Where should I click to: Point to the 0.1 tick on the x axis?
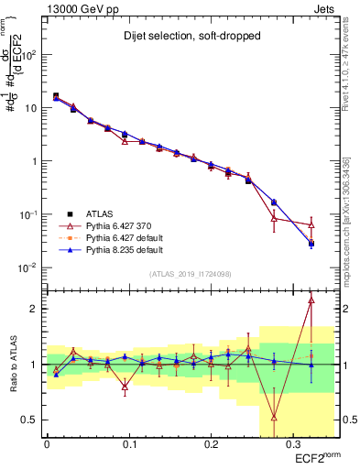(x=128, y=442)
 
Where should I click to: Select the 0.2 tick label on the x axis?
(x=210, y=442)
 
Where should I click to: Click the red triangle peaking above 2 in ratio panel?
(x=311, y=300)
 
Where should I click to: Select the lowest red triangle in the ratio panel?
(x=274, y=417)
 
